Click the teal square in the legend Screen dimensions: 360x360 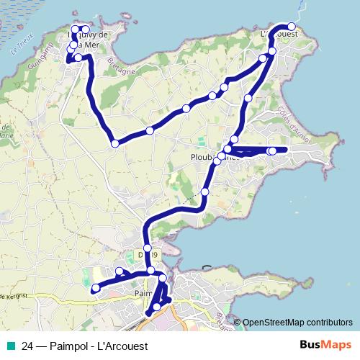click(x=11, y=346)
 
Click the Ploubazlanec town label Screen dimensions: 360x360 click(x=206, y=156)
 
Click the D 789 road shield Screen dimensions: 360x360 click(x=143, y=254)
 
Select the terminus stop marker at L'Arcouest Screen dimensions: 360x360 click(x=292, y=26)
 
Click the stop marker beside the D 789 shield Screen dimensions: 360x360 click(x=148, y=248)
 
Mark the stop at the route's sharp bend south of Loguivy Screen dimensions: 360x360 click(x=114, y=144)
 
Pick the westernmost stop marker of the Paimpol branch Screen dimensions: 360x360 click(x=95, y=289)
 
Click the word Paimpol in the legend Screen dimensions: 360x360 click(x=70, y=346)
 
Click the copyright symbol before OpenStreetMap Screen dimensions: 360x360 click(x=238, y=323)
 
